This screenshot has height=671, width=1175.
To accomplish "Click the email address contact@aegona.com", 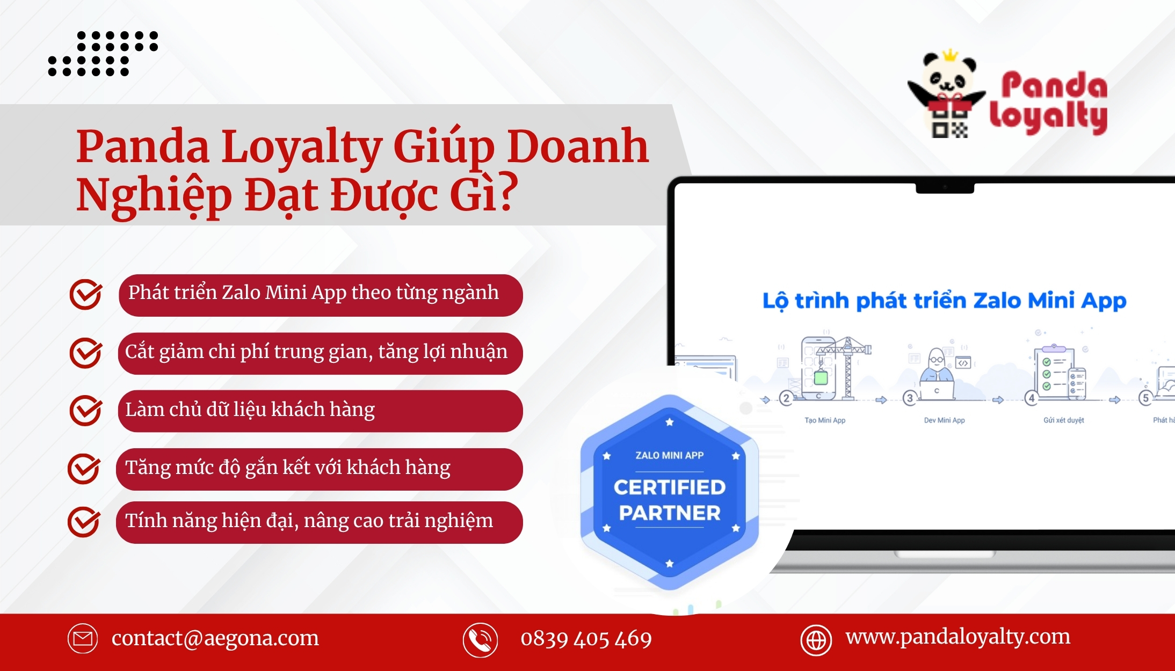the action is pyautogui.click(x=215, y=638).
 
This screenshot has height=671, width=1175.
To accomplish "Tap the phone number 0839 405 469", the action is pyautogui.click(x=586, y=639).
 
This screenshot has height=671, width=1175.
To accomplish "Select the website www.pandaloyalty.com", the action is pyautogui.click(x=958, y=637).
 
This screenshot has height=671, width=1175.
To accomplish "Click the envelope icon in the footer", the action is pyautogui.click(x=83, y=639).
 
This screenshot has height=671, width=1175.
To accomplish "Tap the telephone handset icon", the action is pyautogui.click(x=480, y=640).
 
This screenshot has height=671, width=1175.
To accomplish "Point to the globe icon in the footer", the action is pyautogui.click(x=816, y=640).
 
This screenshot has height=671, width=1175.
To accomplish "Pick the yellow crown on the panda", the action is pyautogui.click(x=951, y=55).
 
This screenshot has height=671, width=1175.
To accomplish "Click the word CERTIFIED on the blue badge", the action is pyautogui.click(x=670, y=487).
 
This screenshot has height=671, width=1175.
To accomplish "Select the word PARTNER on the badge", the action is pyautogui.click(x=670, y=513).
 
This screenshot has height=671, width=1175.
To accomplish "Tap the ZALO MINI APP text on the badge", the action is pyautogui.click(x=670, y=455).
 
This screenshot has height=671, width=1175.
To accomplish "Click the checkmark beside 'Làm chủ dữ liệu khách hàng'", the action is pyautogui.click(x=85, y=411).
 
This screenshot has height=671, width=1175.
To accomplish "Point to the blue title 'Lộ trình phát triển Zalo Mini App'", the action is pyautogui.click(x=944, y=301).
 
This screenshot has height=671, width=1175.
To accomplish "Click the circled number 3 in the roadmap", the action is pyautogui.click(x=910, y=398).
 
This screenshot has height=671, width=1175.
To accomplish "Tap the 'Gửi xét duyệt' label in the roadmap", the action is pyautogui.click(x=1064, y=420).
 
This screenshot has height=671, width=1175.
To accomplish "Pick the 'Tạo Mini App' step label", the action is pyautogui.click(x=825, y=420).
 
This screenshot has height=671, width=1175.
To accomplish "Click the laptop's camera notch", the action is pyautogui.click(x=945, y=188).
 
